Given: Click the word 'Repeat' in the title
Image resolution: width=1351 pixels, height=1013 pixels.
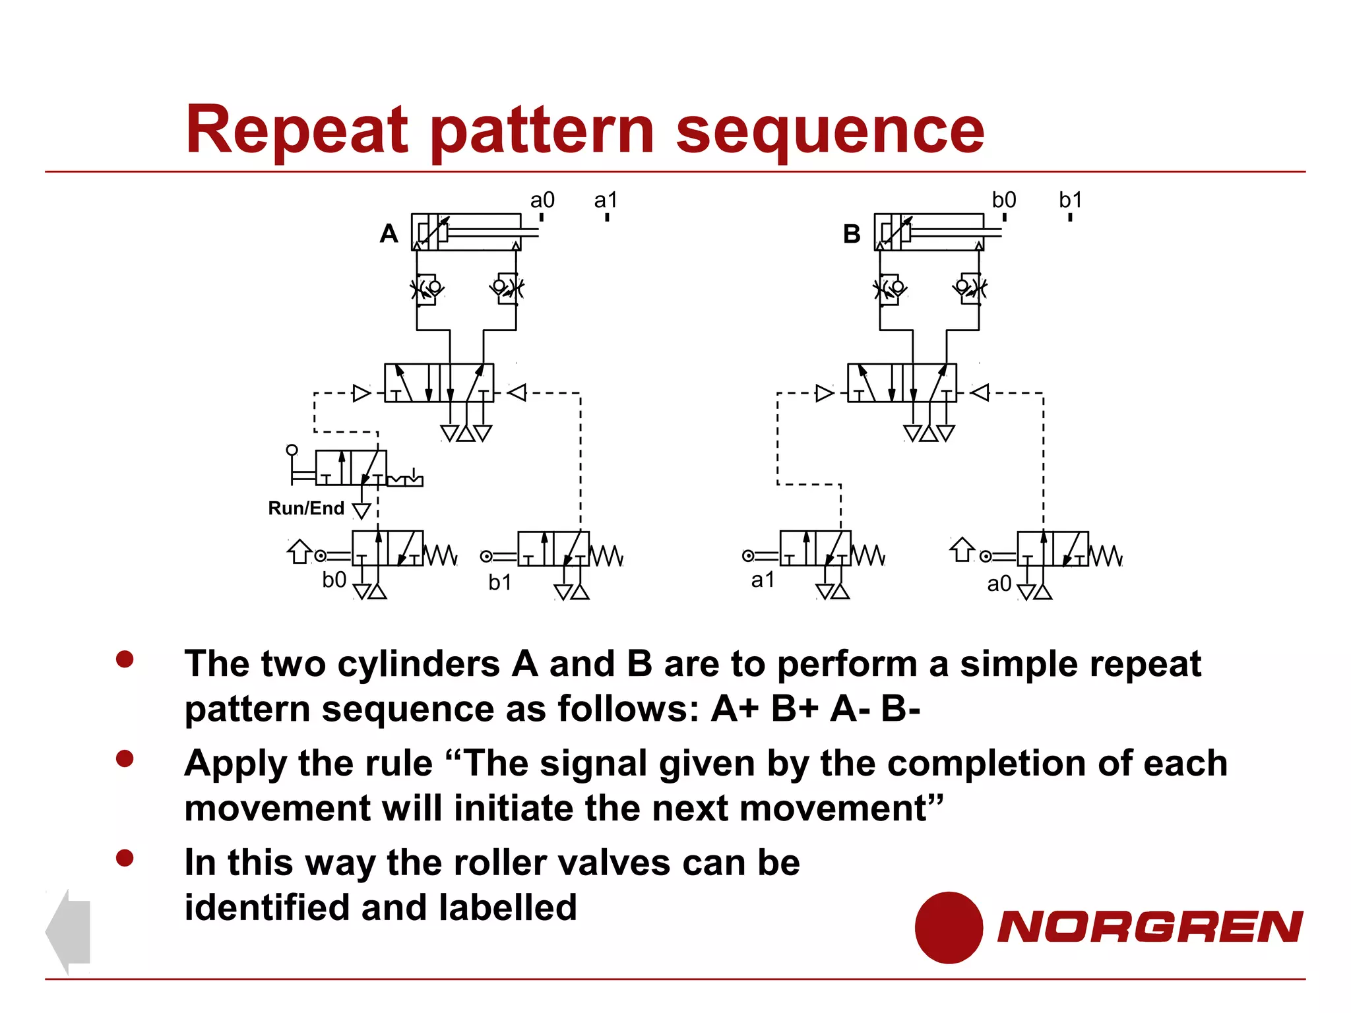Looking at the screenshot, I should pos(298,130).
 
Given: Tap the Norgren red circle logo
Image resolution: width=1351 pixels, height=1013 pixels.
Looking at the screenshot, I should pos(949,927).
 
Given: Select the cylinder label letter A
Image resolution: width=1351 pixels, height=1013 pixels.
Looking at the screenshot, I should pos(389,234).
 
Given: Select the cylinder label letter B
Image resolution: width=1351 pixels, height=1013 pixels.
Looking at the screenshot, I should pos(852,234).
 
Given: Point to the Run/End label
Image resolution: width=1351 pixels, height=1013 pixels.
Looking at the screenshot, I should pos(306,508).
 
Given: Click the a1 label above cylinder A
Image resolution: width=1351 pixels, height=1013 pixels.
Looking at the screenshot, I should pos(606,200).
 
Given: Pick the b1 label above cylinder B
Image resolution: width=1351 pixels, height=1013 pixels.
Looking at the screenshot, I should pos(1070,200).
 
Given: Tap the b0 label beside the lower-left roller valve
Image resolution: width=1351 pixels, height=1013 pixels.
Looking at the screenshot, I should pos(334,580).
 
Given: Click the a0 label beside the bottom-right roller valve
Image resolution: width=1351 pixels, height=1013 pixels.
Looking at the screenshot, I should pos(999,584).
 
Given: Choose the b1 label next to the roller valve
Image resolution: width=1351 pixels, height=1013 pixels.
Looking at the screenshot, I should pos(500,583).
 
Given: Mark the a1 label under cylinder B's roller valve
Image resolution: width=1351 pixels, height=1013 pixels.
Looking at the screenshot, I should pos(763,580).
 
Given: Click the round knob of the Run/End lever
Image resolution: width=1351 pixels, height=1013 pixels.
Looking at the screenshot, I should pos(292,450).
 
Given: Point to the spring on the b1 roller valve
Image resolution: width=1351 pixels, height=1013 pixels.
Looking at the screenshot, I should pos(606,556).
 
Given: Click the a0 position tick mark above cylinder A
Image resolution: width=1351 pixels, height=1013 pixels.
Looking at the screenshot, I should pos(542,217).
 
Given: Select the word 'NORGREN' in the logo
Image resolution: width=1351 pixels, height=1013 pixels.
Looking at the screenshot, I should pos(1149,927).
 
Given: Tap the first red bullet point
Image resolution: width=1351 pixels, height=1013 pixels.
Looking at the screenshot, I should pos(125,659).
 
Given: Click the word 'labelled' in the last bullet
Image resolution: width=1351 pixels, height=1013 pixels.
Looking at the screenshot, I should pos(507,907).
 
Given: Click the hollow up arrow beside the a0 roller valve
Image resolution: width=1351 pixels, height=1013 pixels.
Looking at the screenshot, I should pos(962,549).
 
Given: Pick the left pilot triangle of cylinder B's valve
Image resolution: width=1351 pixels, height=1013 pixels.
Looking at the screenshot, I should pos(824,393).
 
